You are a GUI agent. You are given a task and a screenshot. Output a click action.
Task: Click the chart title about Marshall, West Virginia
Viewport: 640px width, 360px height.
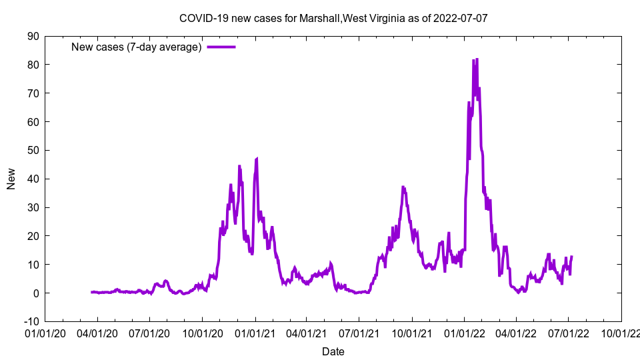(x=333, y=18)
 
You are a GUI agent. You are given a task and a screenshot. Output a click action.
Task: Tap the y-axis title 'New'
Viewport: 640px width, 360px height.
(x=11, y=179)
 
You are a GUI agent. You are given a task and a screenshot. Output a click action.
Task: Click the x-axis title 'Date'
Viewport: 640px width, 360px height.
(x=333, y=351)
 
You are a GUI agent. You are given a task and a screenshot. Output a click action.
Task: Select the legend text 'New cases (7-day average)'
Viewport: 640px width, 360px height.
(x=137, y=47)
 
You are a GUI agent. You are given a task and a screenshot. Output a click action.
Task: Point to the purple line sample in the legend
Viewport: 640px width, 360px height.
(x=221, y=47)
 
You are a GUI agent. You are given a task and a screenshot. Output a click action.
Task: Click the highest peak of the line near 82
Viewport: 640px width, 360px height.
(x=477, y=59)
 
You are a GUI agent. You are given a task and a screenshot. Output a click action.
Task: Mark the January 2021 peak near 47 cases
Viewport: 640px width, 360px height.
(x=257, y=159)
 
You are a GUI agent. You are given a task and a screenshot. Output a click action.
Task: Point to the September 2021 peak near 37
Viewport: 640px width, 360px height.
(x=403, y=187)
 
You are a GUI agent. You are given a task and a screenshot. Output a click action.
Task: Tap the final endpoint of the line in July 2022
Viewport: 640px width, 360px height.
(x=571, y=257)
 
